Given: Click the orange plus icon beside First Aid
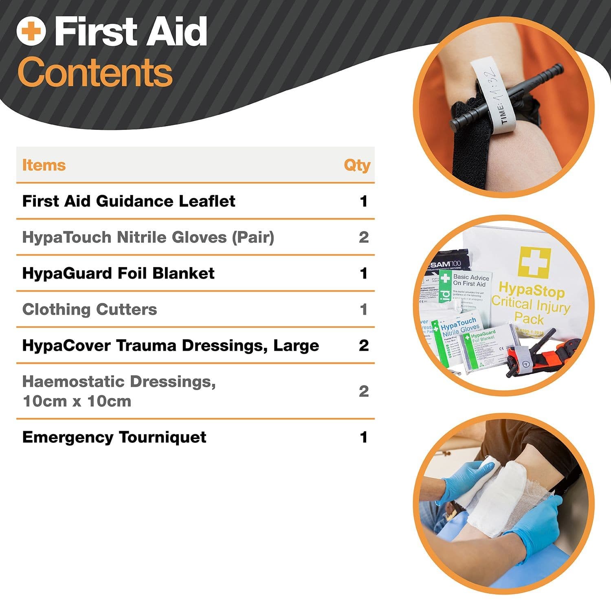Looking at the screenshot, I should point(31,31).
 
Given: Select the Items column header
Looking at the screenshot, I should point(44,165).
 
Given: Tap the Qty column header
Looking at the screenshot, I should point(357,165).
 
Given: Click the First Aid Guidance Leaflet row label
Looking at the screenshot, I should point(128,201).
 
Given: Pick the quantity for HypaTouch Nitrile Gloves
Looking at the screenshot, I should point(363,237).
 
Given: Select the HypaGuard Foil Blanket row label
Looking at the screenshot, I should point(118,273).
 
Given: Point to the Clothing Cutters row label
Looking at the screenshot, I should point(90,310).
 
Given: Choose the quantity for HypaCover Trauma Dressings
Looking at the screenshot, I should point(363,345).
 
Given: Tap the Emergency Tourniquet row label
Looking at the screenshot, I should point(114,437).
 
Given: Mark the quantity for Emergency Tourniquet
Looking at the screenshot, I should point(363,437).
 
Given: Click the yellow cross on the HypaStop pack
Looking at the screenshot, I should point(534,262).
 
